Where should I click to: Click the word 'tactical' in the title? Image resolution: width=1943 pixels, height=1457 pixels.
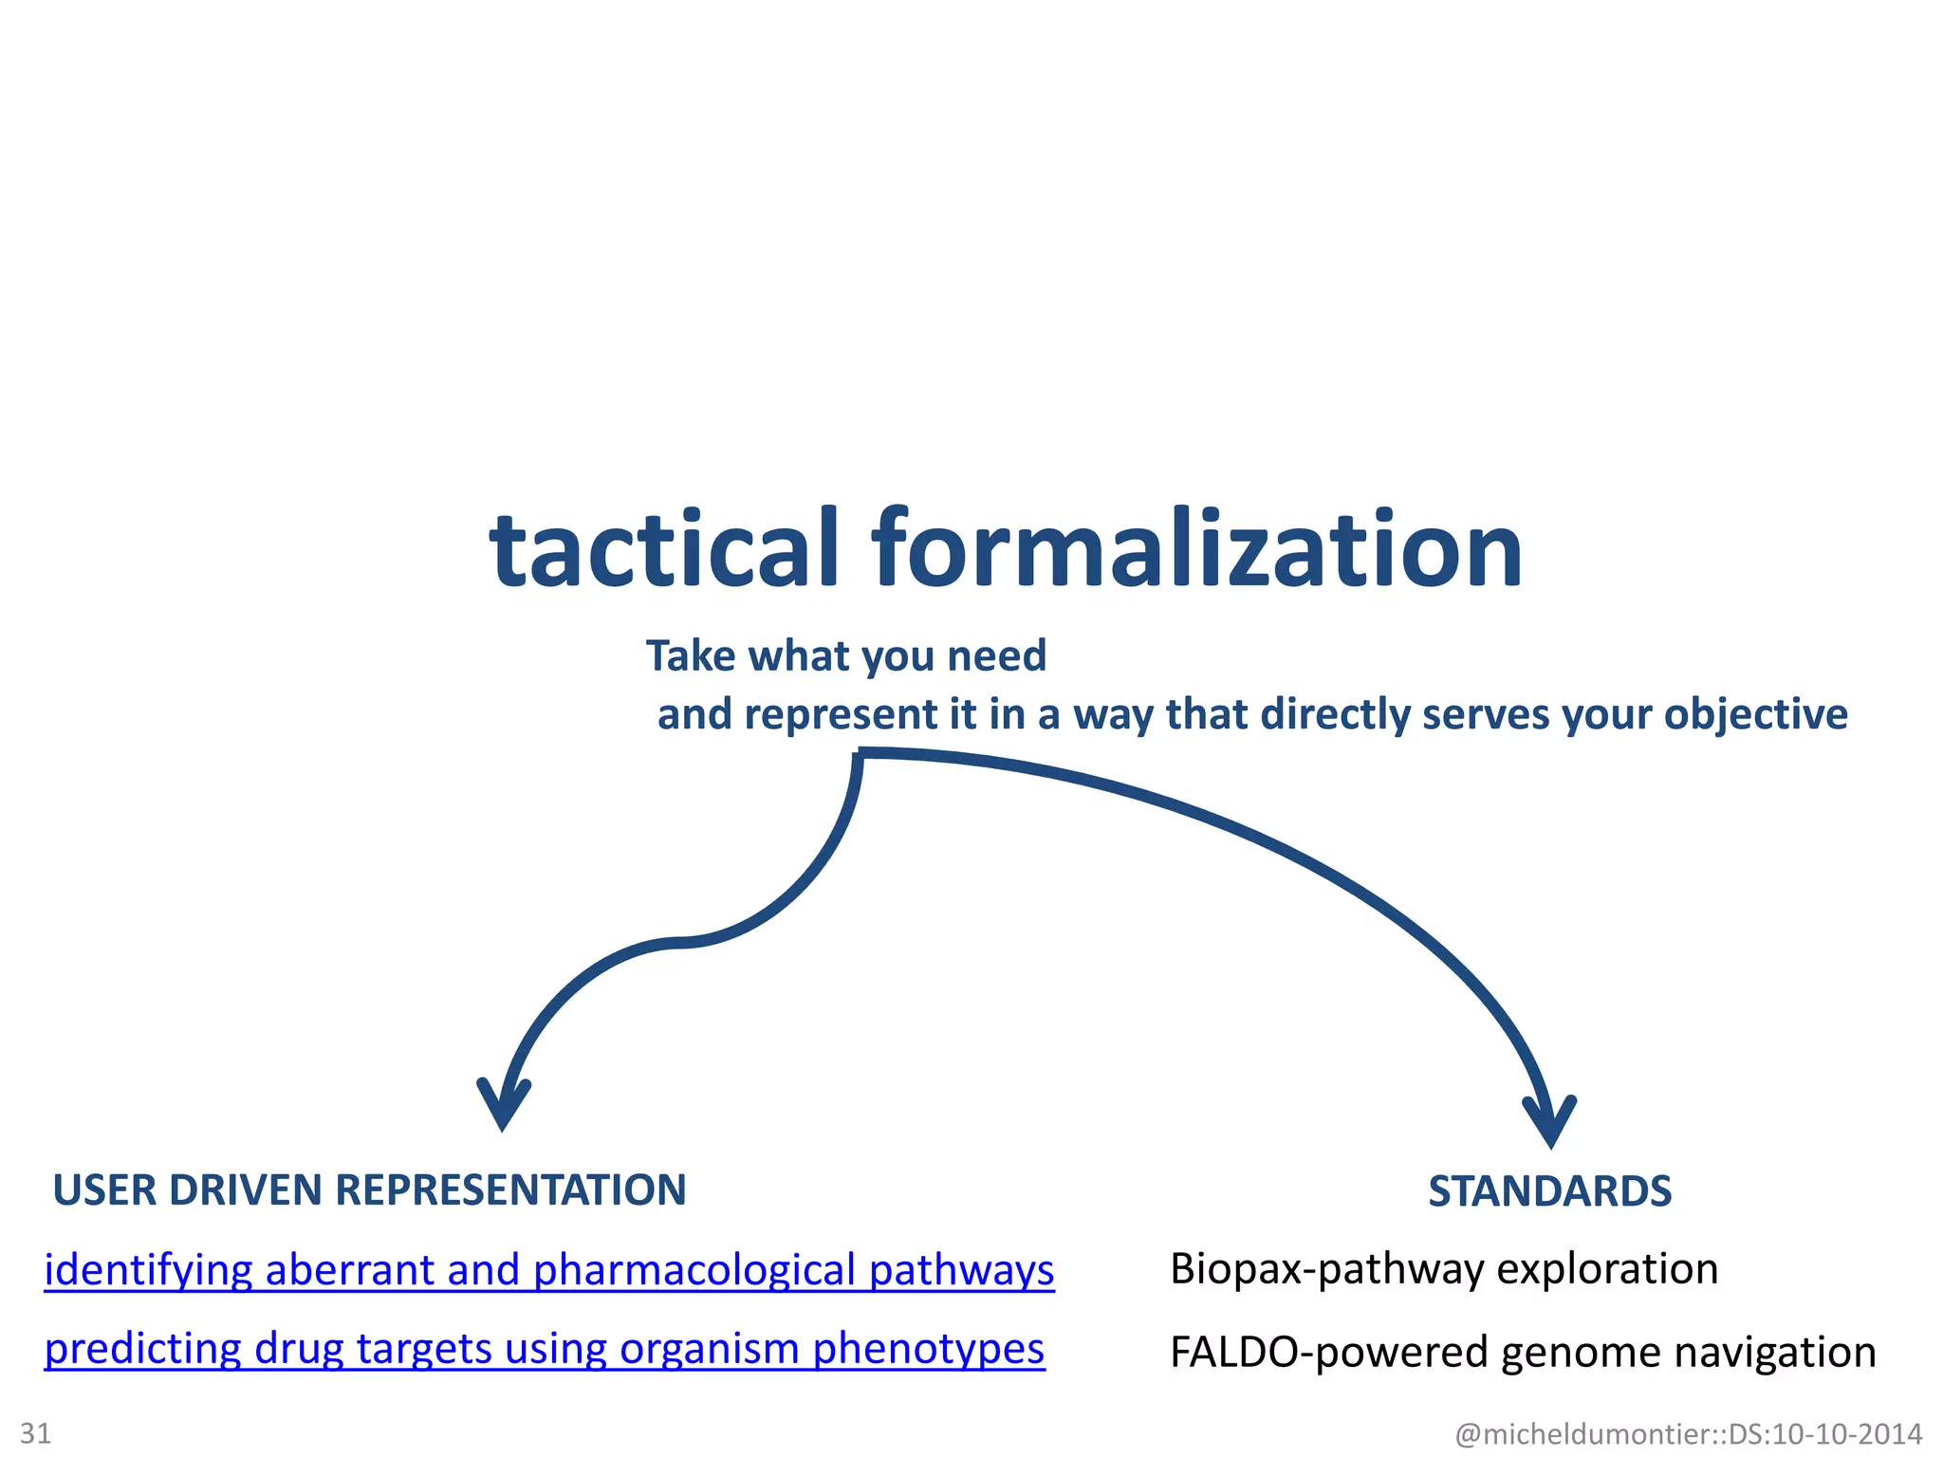tap(664, 550)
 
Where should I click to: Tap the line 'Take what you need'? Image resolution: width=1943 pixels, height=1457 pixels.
tap(846, 656)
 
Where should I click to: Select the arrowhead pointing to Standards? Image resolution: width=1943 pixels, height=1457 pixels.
tap(1549, 1123)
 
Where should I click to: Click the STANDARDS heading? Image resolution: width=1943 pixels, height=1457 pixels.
tap(1549, 1191)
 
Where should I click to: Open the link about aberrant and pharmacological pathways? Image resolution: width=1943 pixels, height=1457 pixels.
tap(548, 1270)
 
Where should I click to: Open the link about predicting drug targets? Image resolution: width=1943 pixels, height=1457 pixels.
tap(544, 1349)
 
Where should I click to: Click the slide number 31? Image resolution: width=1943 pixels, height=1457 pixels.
tap(36, 1432)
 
